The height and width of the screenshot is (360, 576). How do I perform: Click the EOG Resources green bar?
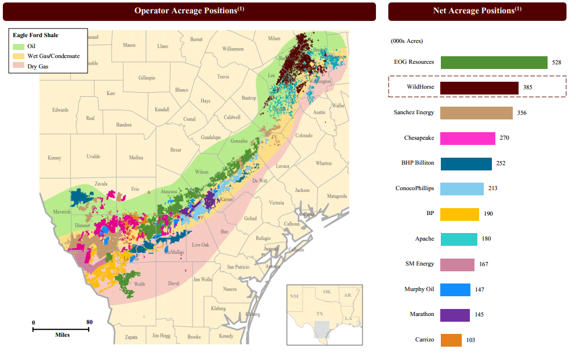click(494, 63)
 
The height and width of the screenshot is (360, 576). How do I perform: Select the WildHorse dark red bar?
click(479, 88)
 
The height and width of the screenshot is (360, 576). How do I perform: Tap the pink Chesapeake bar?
click(468, 138)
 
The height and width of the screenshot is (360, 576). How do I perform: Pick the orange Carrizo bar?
click(451, 340)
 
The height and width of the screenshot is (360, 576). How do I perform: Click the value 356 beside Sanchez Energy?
click(521, 113)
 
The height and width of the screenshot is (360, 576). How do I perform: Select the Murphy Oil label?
click(419, 289)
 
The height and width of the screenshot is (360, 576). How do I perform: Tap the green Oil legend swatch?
click(19, 46)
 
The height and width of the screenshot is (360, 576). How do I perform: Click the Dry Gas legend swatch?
click(19, 67)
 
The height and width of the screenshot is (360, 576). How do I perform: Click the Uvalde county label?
click(93, 157)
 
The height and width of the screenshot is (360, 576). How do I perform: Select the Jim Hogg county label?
click(161, 336)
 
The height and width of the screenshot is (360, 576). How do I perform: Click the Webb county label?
click(140, 284)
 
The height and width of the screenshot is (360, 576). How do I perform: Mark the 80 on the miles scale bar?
click(89, 322)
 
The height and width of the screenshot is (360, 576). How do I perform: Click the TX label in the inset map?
click(319, 314)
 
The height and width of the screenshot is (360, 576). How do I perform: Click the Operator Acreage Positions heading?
click(189, 11)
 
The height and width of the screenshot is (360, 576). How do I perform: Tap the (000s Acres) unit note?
click(407, 41)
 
